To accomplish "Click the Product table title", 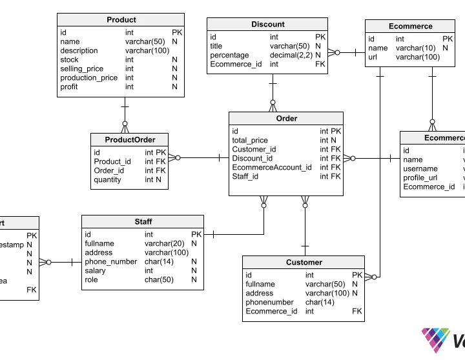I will [x=121, y=20].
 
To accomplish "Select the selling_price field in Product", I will [x=82, y=68].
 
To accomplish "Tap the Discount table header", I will [x=267, y=25].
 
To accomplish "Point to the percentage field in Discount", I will [x=229, y=55].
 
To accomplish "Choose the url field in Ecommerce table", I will [x=373, y=57].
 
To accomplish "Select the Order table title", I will [x=286, y=119].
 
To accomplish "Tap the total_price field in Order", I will [x=249, y=140].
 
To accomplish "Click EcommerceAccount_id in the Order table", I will [x=271, y=167].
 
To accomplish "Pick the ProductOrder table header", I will [x=130, y=140].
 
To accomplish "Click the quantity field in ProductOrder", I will [x=107, y=180].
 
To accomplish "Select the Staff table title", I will [x=143, y=222].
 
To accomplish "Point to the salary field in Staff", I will [x=96, y=271].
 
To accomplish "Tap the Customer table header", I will [x=304, y=263].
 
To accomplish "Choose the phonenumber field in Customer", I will [x=269, y=302].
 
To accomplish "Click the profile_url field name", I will [x=420, y=178].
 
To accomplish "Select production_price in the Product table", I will [x=89, y=77].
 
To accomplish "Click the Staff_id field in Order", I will [x=245, y=176].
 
